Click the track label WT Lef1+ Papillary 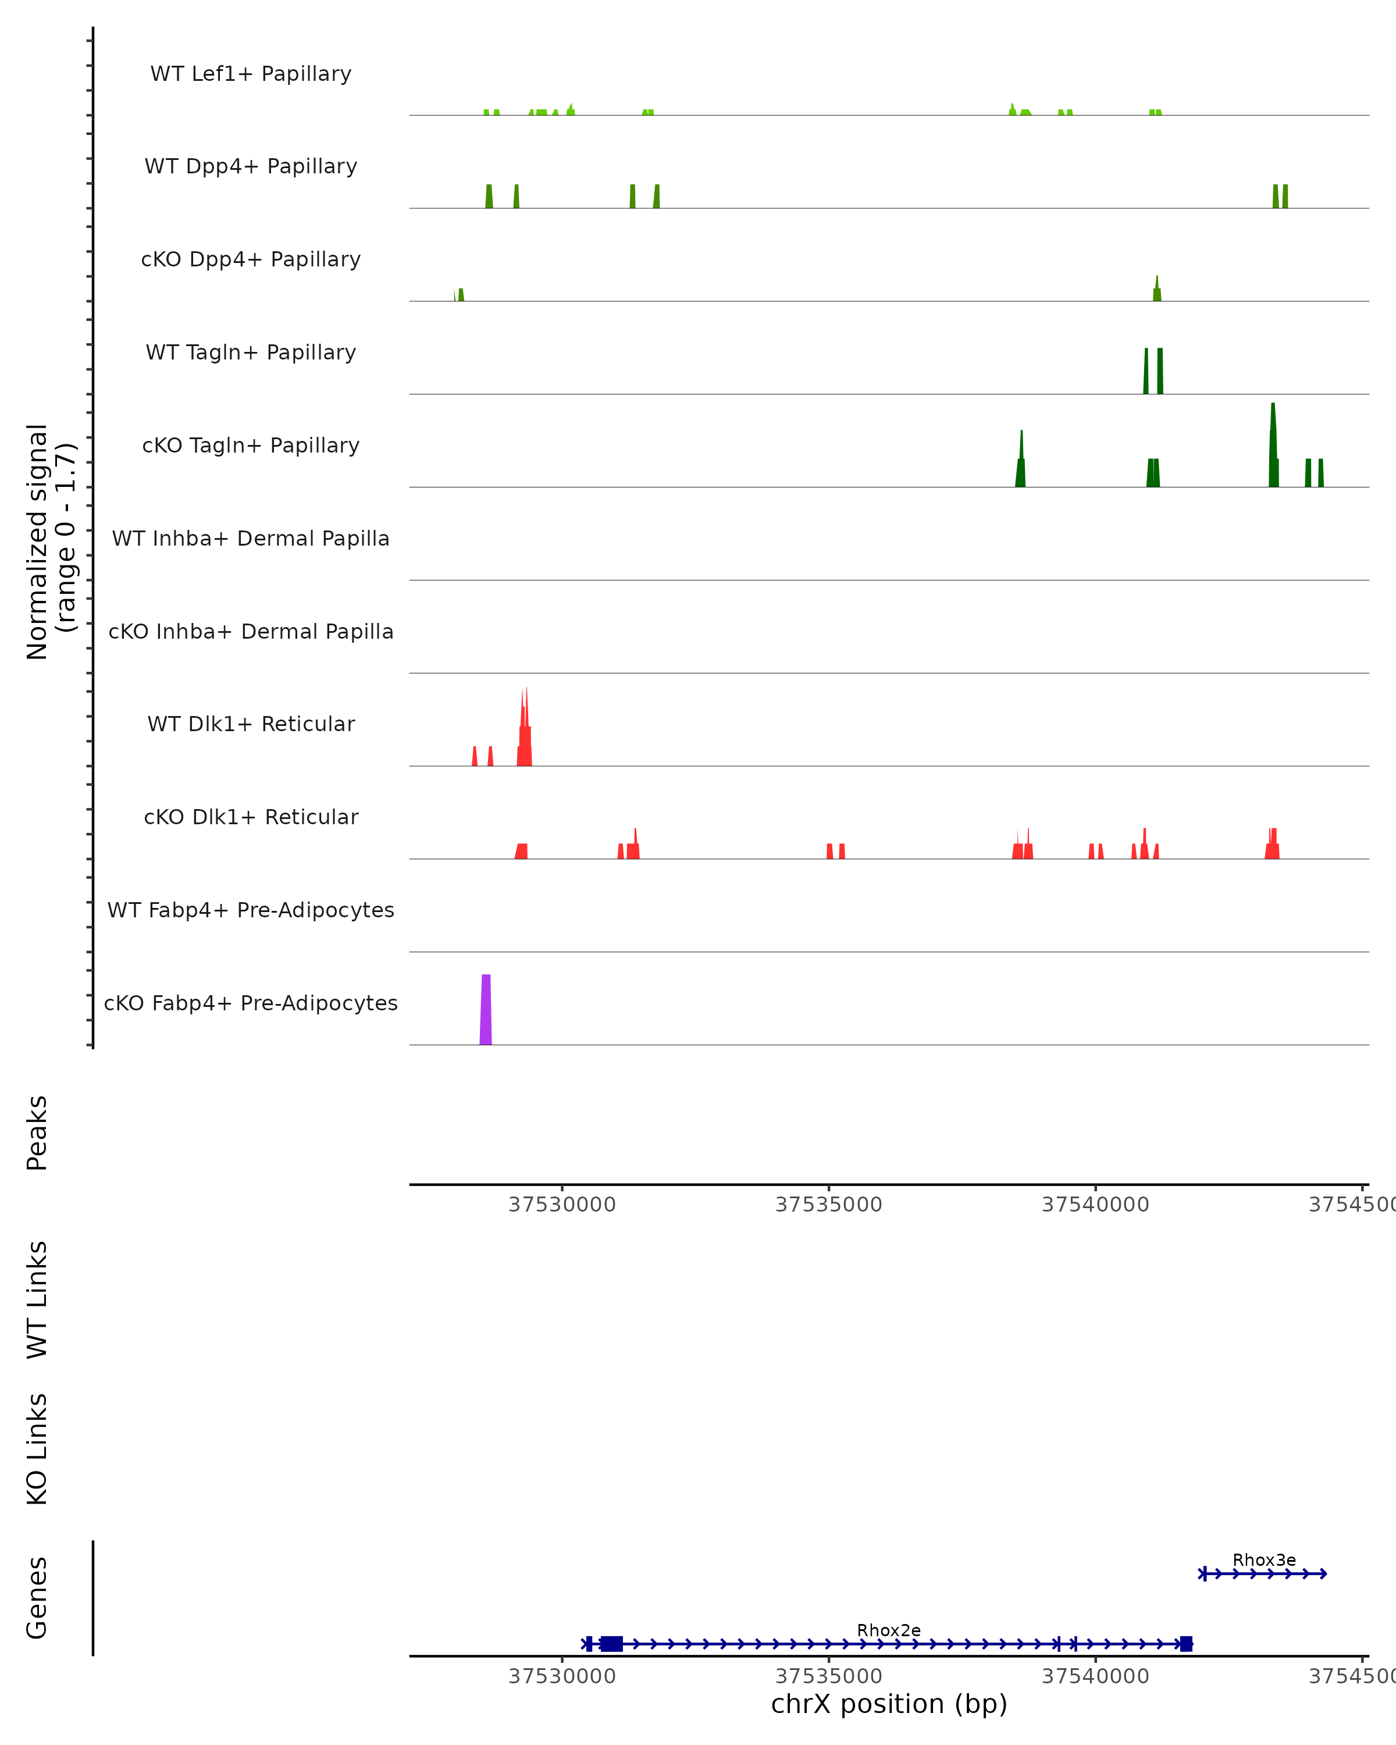[251, 74]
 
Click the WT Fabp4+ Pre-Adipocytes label [251, 910]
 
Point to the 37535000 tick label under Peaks [829, 1205]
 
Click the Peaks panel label [37, 1133]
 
